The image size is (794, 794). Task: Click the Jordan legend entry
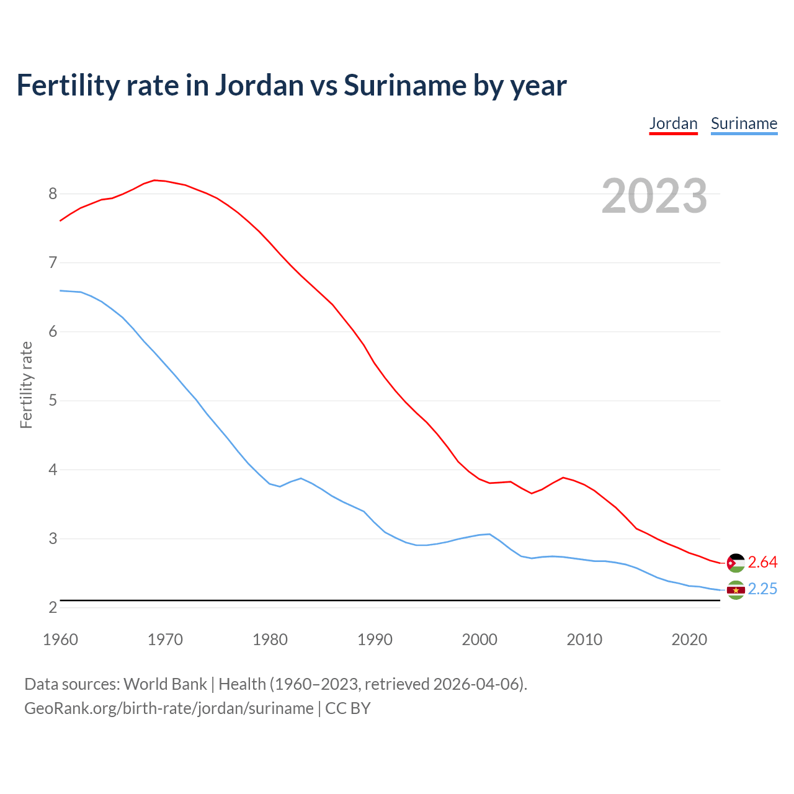[673, 123]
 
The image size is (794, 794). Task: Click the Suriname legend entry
[744, 123]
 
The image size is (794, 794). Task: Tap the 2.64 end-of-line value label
[762, 562]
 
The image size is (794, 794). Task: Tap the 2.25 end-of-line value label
[762, 589]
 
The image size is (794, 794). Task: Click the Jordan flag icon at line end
[736, 563]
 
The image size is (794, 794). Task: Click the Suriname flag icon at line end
[736, 590]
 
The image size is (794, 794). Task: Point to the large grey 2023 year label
[654, 196]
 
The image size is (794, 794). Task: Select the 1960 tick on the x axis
[60, 640]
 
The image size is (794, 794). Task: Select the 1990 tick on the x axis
[375, 640]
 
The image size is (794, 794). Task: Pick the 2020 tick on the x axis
[689, 640]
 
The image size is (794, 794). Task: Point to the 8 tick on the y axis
[53, 194]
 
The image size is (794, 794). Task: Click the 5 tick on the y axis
[53, 401]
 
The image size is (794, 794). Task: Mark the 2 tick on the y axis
[53, 608]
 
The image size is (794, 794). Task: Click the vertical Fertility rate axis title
[26, 385]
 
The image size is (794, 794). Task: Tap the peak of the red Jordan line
[154, 180]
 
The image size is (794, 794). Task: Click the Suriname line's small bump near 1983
[301, 478]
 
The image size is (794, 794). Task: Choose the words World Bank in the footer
[165, 684]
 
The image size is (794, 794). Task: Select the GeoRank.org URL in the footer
[169, 708]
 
